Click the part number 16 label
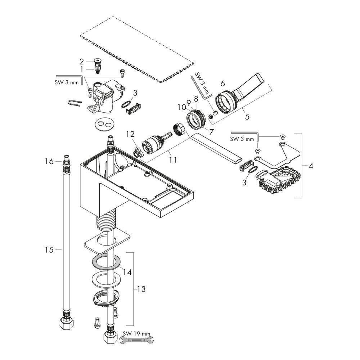coord(49,161)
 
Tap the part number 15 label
coord(49,249)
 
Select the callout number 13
coord(141,289)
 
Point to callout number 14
coord(127,272)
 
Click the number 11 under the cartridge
coord(173,160)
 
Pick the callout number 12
coord(130,134)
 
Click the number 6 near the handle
coord(223,84)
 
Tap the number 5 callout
coord(247,116)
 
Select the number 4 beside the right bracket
coord(311,166)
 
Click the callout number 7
coord(211,132)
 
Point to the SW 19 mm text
coord(136,334)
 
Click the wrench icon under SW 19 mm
coord(137,341)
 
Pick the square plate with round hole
coord(107,242)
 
